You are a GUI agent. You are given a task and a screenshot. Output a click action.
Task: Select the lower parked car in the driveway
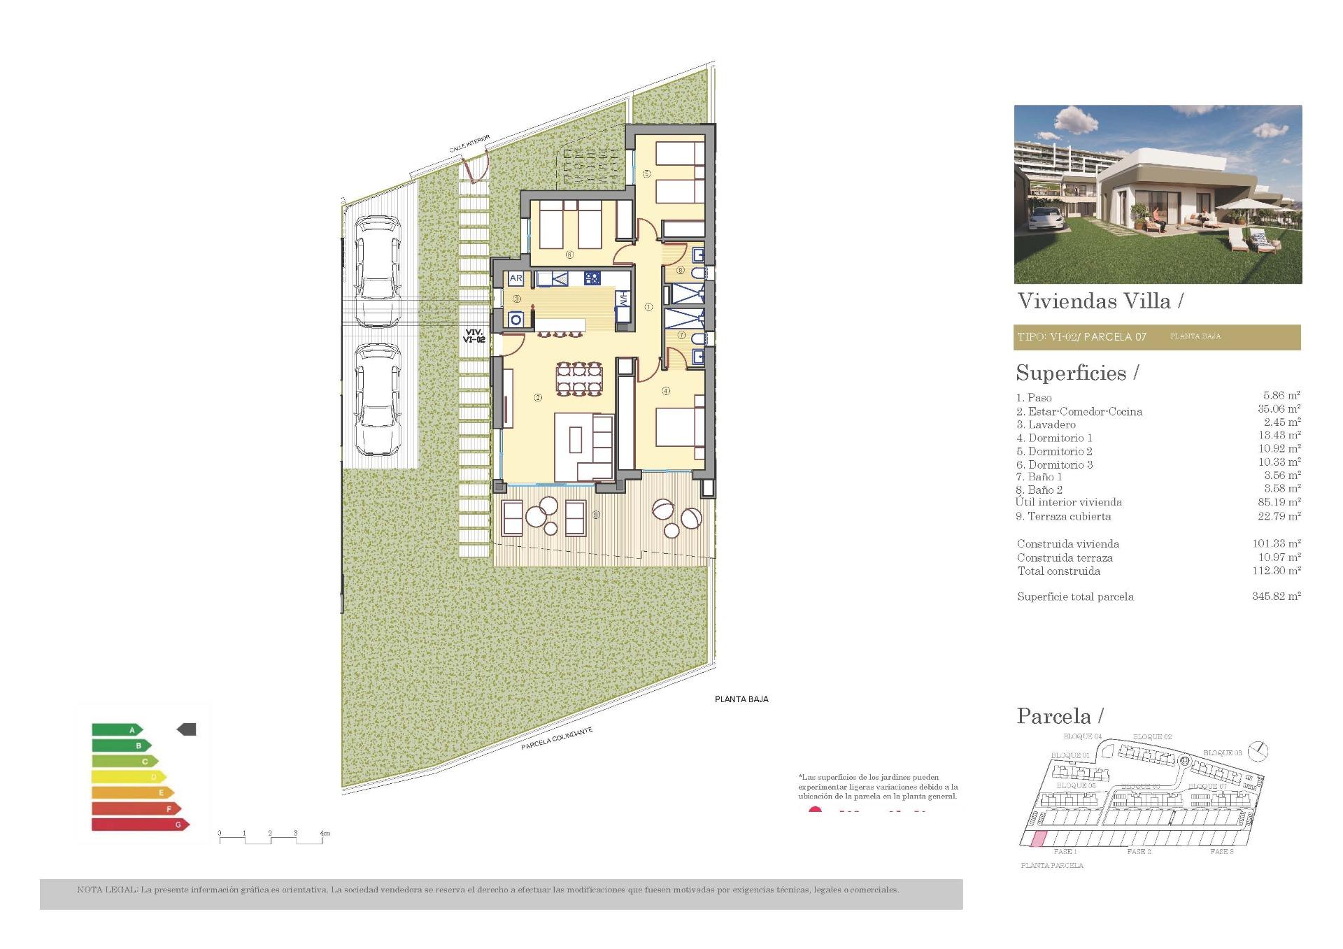378,399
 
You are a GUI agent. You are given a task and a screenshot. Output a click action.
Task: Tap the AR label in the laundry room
516,278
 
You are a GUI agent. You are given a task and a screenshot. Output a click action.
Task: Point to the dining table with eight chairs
578,378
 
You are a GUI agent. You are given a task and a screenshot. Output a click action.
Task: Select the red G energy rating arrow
140,825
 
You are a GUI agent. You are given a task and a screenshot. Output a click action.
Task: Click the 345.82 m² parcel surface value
1276,597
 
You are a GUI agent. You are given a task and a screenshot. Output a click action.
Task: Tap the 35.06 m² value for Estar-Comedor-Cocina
1279,409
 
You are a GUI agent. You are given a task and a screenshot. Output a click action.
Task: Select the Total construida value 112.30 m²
1276,571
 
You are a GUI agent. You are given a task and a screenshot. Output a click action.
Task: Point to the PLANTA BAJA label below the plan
741,699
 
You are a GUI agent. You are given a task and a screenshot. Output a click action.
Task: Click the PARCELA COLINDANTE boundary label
557,738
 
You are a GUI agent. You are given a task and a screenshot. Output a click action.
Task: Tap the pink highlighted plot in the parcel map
1039,839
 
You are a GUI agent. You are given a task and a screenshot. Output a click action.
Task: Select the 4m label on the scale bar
324,833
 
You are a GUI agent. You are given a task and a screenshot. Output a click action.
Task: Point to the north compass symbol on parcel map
1258,751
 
